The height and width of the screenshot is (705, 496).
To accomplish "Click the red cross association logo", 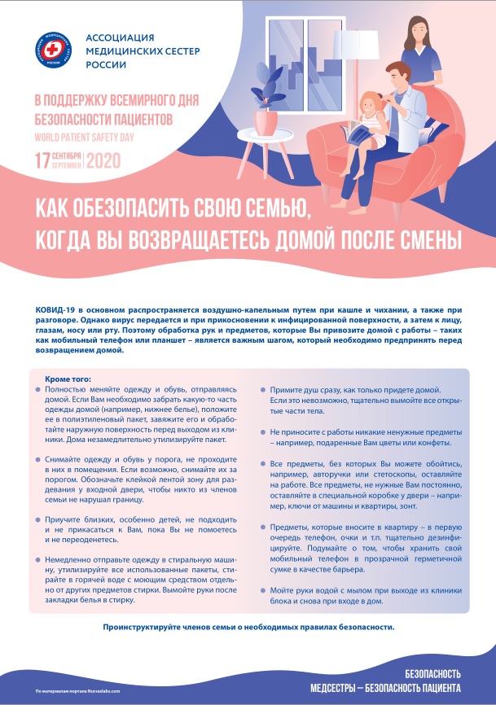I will (55, 51).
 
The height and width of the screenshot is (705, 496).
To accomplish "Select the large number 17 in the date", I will (40, 160).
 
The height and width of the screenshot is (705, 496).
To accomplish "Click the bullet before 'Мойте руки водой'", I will (262, 589).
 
